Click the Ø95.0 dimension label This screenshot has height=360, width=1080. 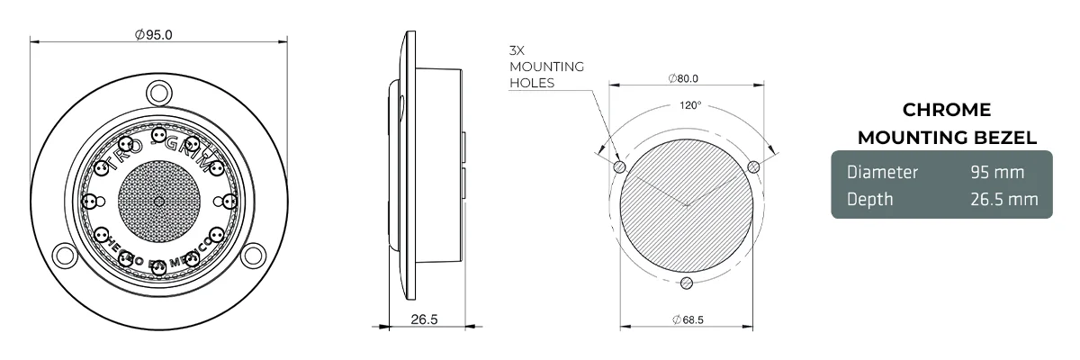153,35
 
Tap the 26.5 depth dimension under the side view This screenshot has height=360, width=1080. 424,319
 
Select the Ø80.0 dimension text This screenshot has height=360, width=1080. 684,78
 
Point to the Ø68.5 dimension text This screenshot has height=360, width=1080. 687,319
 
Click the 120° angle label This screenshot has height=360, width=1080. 689,105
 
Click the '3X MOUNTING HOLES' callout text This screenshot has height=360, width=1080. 545,67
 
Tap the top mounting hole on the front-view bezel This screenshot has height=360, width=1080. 159,91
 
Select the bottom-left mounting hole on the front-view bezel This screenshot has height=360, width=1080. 65,255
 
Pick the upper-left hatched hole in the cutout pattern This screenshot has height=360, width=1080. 619,166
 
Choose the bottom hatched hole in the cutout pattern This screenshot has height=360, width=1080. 687,283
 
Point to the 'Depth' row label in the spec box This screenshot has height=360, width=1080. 870,199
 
